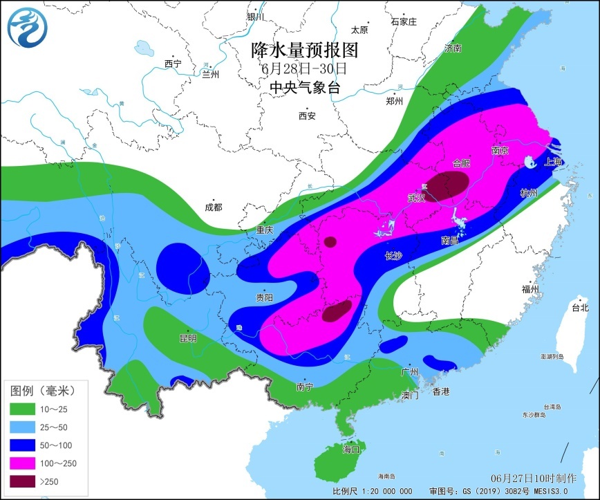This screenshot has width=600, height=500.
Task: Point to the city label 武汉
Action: (x=416, y=198)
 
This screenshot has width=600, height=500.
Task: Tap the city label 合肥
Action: (x=460, y=164)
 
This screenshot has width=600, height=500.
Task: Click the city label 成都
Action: (x=214, y=207)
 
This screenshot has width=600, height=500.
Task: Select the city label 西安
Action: (x=307, y=115)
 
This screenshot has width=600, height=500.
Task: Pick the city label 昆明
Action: (x=187, y=338)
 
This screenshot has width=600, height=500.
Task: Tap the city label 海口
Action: (x=352, y=449)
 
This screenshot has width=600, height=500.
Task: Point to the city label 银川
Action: (x=255, y=17)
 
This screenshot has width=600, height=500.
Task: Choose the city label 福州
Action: (x=531, y=289)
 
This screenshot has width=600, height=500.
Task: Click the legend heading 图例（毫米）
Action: (x=43, y=391)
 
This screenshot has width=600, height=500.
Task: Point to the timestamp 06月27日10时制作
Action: (x=533, y=479)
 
